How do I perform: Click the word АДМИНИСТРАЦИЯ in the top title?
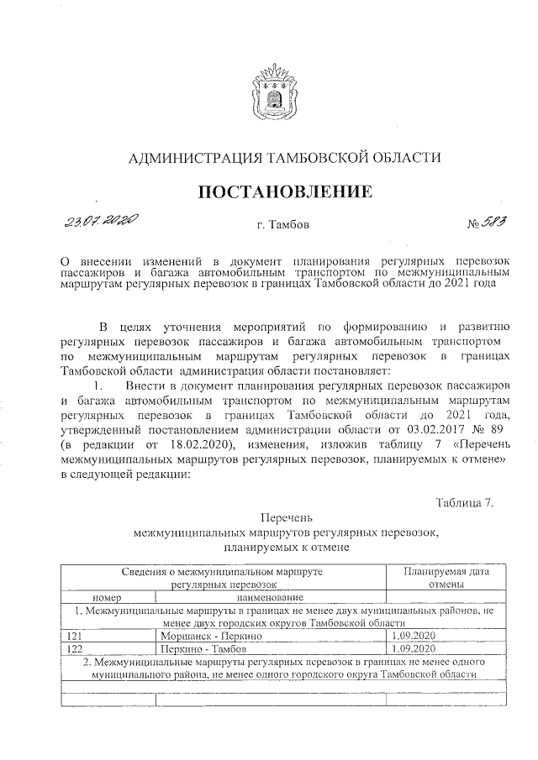pos(193,157)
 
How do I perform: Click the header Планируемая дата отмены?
pos(445,577)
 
